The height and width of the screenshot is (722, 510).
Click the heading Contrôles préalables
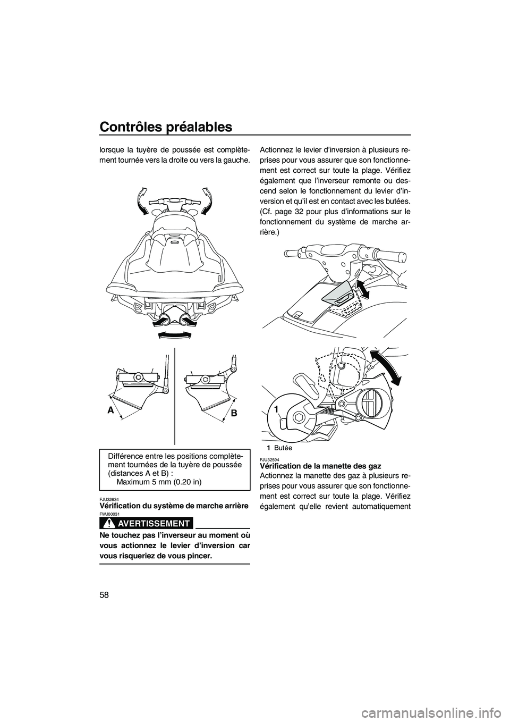click(166, 127)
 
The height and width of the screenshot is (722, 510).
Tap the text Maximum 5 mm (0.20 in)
click(159, 483)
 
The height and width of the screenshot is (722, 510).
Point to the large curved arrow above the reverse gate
click(387, 367)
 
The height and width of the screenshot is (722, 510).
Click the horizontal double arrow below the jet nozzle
click(175, 334)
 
